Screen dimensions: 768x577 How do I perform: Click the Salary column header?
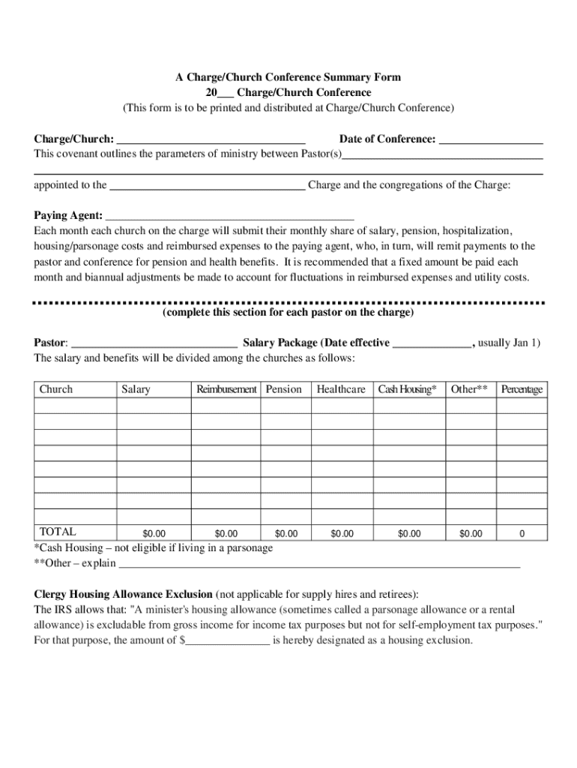coord(136,389)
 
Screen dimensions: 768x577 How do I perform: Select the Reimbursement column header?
coord(226,389)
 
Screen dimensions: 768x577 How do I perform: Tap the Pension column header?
coord(284,389)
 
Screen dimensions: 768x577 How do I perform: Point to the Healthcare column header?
coord(341,389)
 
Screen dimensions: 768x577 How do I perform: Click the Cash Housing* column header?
coord(407,389)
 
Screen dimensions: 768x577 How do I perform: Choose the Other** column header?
coord(469,389)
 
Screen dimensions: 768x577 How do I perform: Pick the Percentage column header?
coord(522,389)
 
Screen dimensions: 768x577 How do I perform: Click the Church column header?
coord(56,389)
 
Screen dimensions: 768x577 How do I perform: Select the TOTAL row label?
coord(58,532)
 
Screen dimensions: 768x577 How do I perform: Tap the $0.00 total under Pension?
coord(286,534)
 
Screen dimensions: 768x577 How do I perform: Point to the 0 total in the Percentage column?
coord(522,534)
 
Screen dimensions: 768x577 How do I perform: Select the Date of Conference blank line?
coord(491,140)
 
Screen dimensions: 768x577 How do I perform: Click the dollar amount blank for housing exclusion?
coord(228,641)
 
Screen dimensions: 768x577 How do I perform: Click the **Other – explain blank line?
coord(319,564)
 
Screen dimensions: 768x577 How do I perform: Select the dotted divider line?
coord(288,302)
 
